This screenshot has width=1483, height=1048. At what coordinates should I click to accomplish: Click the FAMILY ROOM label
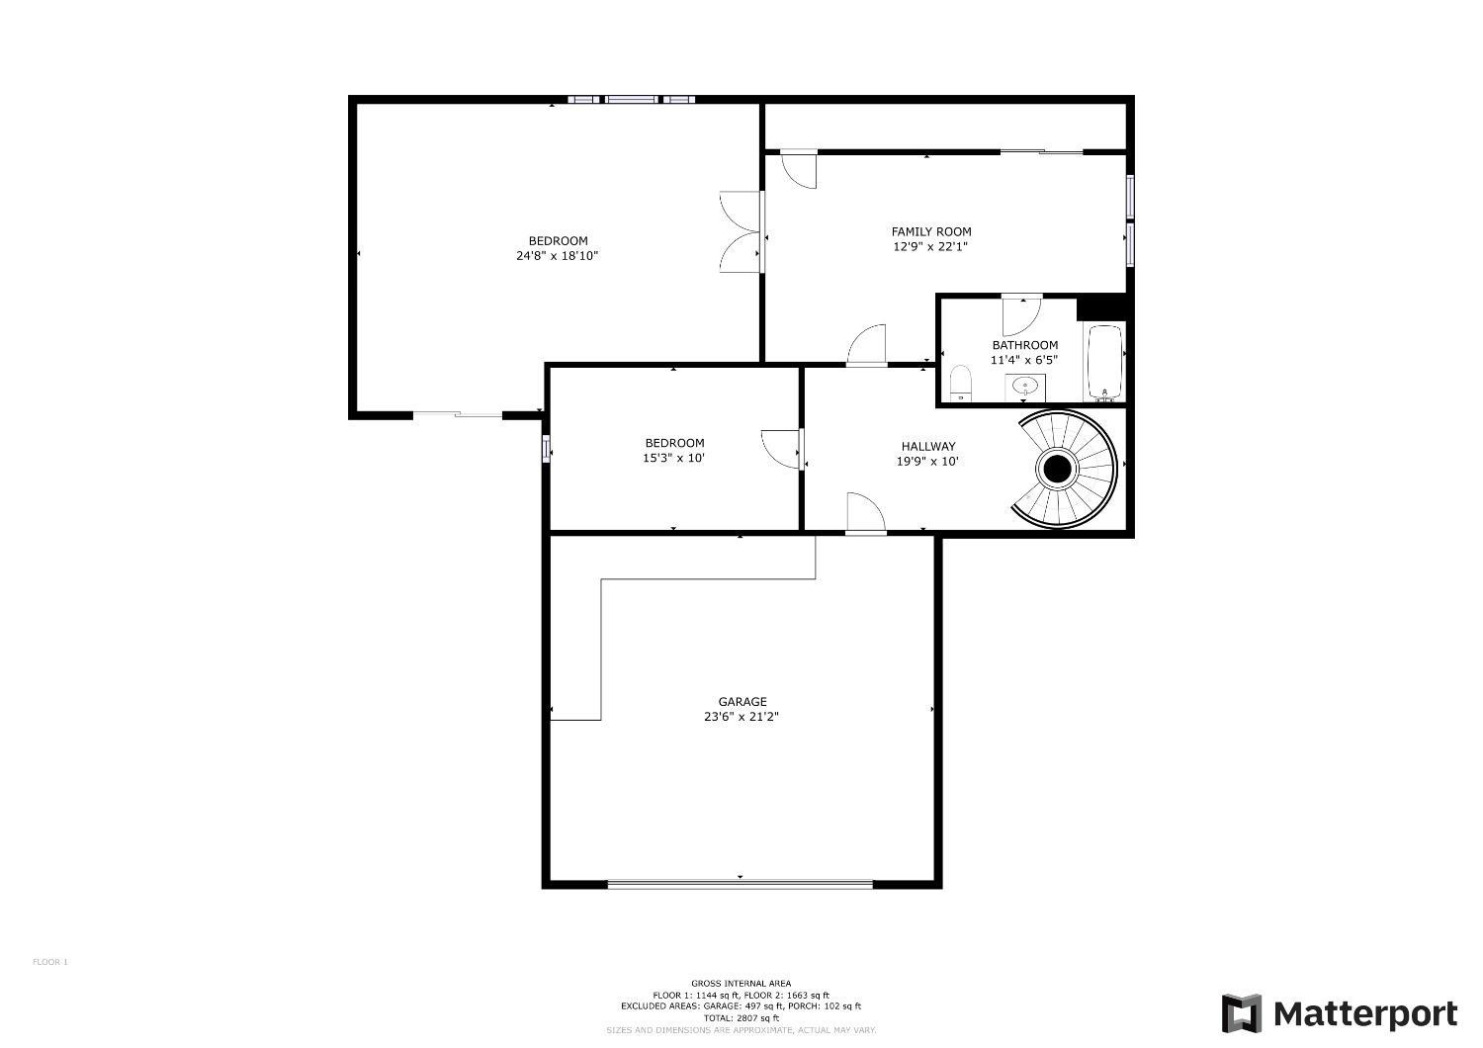coord(931,231)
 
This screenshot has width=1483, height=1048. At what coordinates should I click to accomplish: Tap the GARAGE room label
coord(742,702)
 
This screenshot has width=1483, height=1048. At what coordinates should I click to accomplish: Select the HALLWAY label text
coord(928,446)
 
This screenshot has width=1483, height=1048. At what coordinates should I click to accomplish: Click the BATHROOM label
coord(1025,345)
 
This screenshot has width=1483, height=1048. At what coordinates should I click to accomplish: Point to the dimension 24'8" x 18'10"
coord(558,255)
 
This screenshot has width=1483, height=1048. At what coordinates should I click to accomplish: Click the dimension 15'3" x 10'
coord(674,458)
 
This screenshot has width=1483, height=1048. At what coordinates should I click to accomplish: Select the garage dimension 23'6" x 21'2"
coord(741,717)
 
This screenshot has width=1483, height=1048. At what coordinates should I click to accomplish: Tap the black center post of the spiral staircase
coord(1057,469)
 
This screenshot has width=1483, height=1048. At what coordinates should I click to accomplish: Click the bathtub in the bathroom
coord(1104,363)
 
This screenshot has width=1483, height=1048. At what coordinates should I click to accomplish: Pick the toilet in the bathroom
coord(960,384)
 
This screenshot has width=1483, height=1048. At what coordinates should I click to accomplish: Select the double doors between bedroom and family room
coord(741,231)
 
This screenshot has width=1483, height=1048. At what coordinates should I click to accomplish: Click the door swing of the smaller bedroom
coord(782,449)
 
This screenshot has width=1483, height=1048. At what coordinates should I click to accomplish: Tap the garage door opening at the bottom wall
coord(741,883)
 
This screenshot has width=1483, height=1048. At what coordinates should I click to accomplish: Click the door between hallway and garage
coord(866,513)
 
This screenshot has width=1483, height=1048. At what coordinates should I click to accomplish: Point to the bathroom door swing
coord(1021,315)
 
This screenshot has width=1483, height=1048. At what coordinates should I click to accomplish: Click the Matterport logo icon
coord(1242,1013)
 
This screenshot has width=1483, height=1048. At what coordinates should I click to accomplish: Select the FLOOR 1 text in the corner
coord(50,962)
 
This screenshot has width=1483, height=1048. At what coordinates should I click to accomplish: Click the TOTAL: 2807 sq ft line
coord(741,1018)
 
